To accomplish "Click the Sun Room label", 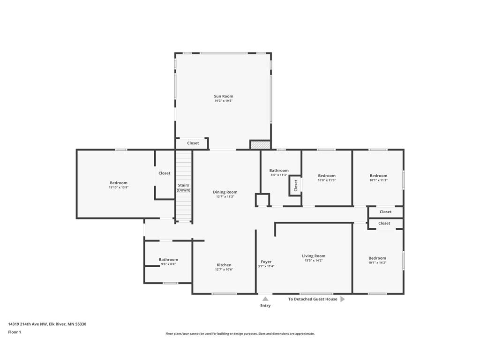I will pyautogui.click(x=224, y=96).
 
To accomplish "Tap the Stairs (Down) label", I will pyautogui.click(x=184, y=187).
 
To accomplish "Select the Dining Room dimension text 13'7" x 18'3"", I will pyautogui.click(x=225, y=197).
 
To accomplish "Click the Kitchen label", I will pyautogui.click(x=224, y=265).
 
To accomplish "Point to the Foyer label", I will pyautogui.click(x=266, y=262).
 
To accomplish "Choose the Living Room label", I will pyautogui.click(x=314, y=256).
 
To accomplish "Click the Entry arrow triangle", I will pyautogui.click(x=265, y=299).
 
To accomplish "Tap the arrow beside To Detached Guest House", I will pyautogui.click(x=342, y=299).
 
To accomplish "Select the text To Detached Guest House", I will pyautogui.click(x=313, y=299).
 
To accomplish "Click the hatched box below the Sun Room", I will pyautogui.click(x=260, y=145).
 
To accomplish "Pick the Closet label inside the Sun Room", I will pyautogui.click(x=193, y=143).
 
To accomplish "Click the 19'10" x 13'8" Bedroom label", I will pyautogui.click(x=119, y=183).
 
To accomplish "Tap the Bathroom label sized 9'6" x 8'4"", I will pyautogui.click(x=168, y=259).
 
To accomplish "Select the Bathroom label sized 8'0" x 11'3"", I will pyautogui.click(x=279, y=170).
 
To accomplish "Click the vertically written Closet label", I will pyautogui.click(x=296, y=185).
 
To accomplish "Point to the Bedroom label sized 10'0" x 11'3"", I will pyautogui.click(x=327, y=175).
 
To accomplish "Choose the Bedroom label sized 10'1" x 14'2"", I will pyautogui.click(x=377, y=258).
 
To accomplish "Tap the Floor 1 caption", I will pyautogui.click(x=15, y=332).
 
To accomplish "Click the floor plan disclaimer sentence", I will pyautogui.click(x=240, y=334).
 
